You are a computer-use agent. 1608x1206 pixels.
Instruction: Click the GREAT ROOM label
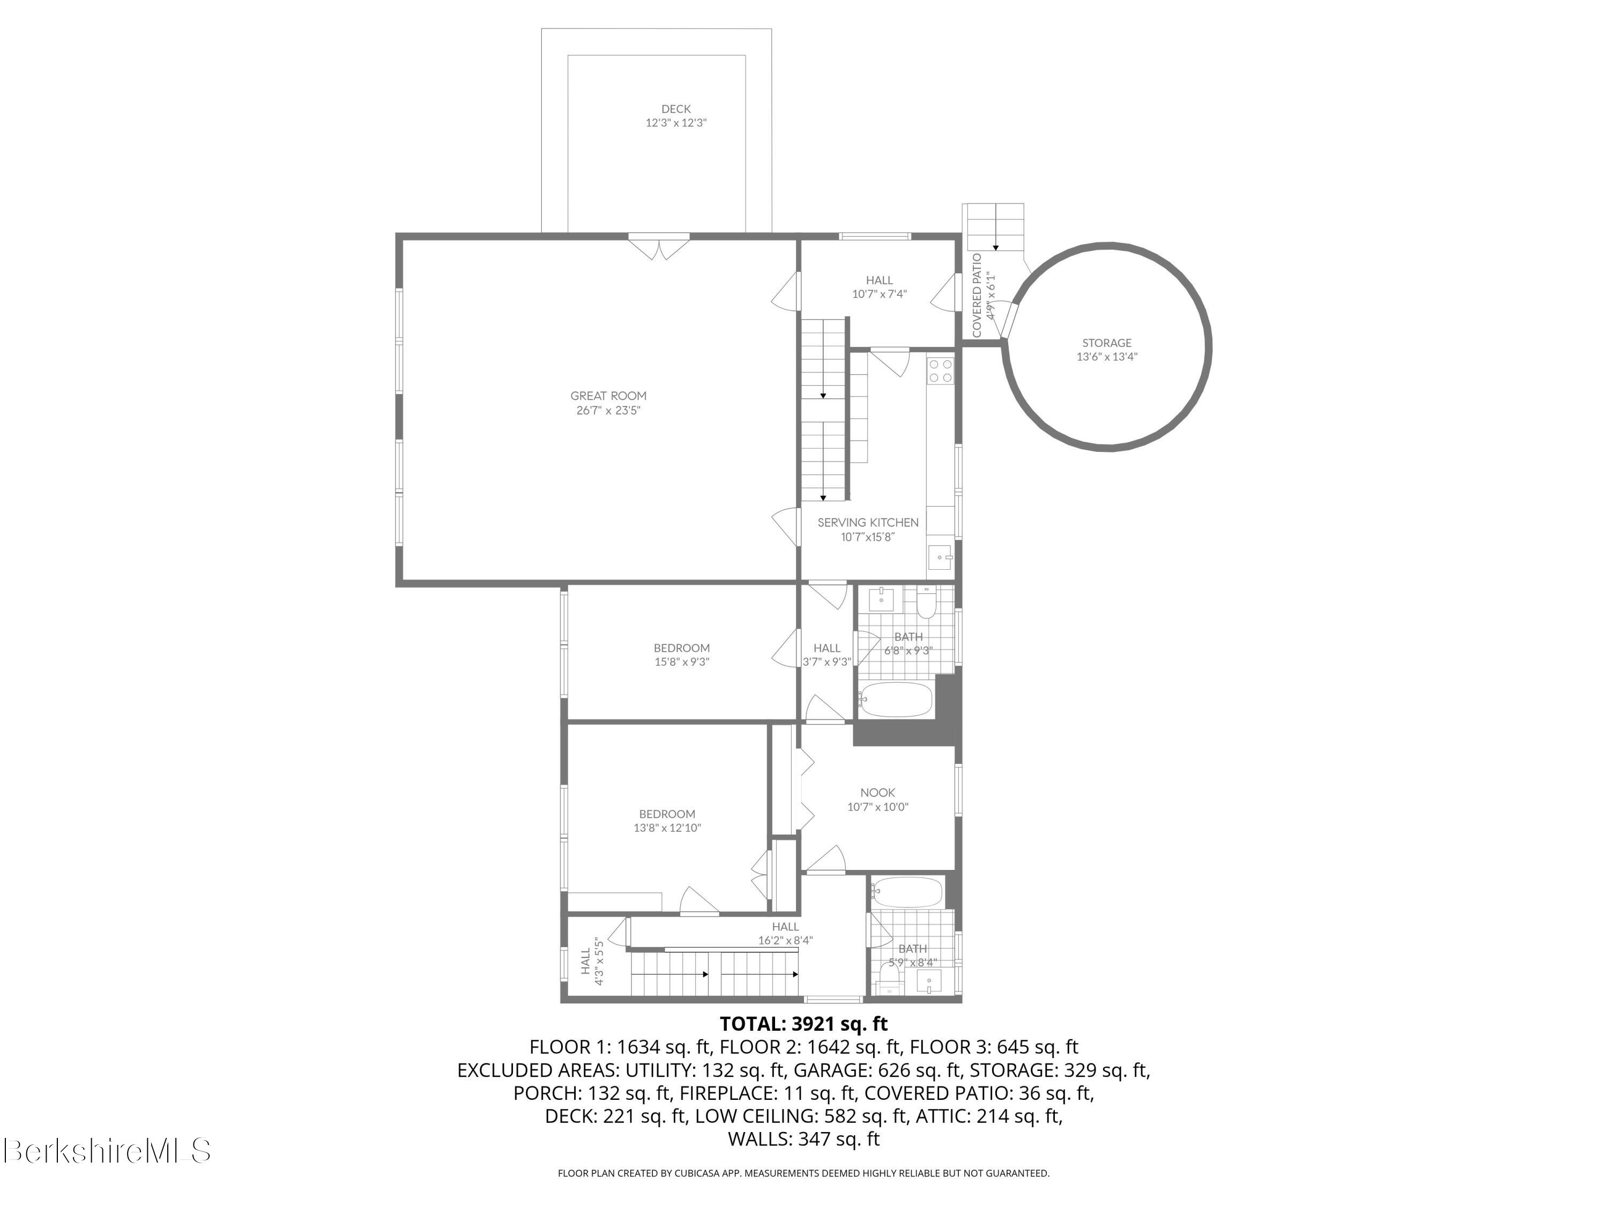pos(608,396)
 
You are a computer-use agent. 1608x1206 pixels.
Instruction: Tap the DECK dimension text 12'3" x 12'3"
pos(675,123)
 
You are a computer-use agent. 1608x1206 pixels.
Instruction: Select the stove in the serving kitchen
pos(940,371)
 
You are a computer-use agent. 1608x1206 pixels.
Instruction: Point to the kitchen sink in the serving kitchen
pos(940,557)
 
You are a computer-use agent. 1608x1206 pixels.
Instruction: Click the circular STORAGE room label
pos(1106,343)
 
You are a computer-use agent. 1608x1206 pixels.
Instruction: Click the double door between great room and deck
pos(659,245)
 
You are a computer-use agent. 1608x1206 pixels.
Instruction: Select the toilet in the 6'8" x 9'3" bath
pos(927,604)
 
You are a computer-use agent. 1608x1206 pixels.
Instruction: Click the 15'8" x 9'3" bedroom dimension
pos(681,662)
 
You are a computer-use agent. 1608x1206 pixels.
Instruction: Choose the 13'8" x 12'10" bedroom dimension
pos(667,828)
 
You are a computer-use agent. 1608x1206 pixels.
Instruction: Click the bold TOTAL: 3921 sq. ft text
pos(803,1024)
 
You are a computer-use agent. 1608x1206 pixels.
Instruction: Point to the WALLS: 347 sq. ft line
pos(803,1139)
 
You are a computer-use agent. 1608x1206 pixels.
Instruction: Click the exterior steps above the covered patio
pos(993,227)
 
